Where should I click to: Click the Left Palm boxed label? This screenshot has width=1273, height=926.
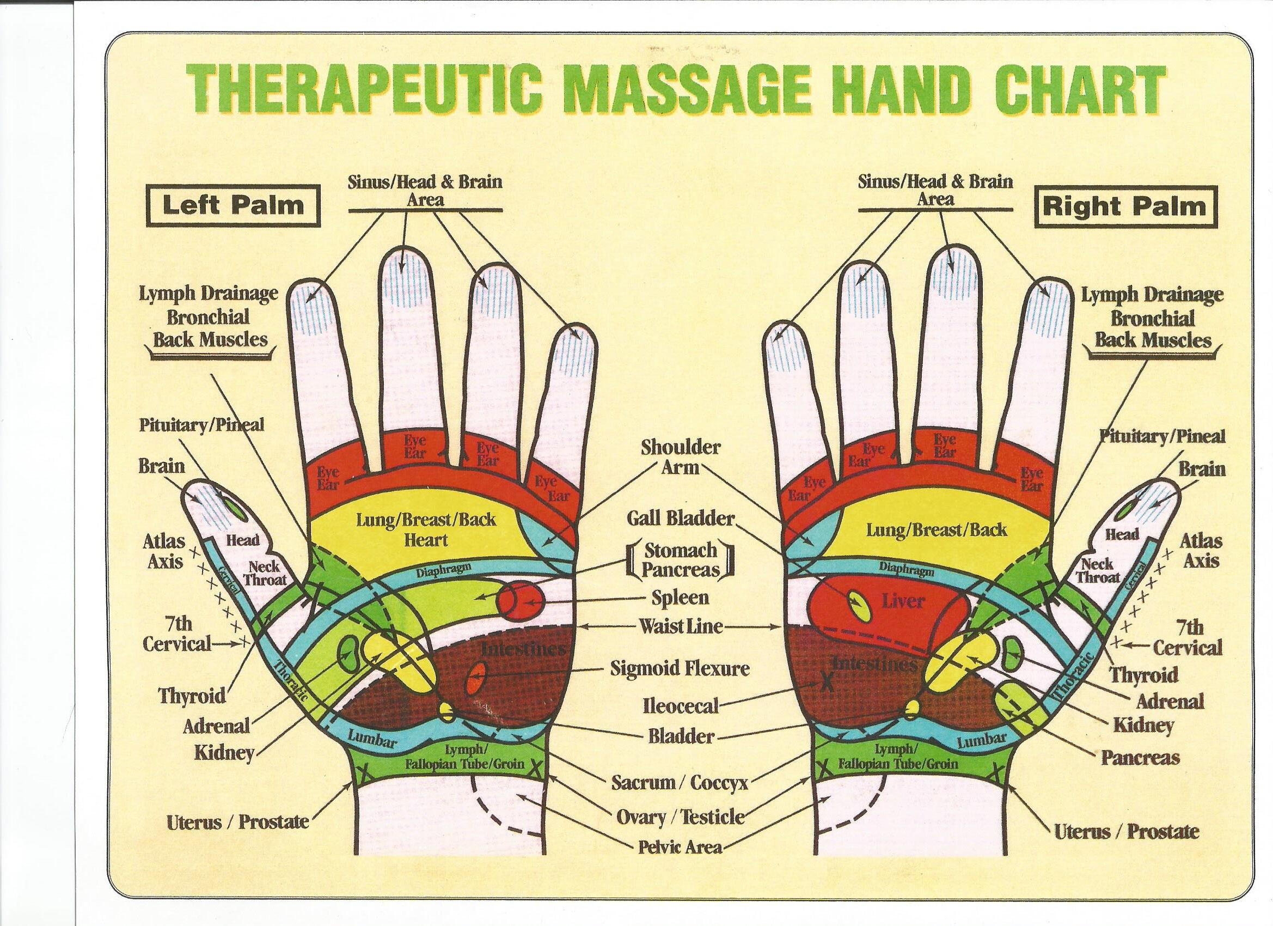point(232,205)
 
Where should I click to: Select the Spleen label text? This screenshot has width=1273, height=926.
point(680,597)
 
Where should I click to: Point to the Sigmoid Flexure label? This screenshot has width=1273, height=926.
point(680,669)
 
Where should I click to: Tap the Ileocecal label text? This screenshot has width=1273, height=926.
point(681,705)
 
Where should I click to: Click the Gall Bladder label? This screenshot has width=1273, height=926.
point(680,518)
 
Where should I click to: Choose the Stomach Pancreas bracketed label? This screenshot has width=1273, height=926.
point(680,559)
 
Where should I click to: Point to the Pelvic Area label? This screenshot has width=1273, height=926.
point(680,846)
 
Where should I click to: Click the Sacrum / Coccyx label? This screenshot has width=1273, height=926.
point(680,782)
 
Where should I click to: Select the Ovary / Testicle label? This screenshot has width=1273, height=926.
point(680,817)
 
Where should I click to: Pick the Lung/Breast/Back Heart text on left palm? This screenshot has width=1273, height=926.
point(426,529)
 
